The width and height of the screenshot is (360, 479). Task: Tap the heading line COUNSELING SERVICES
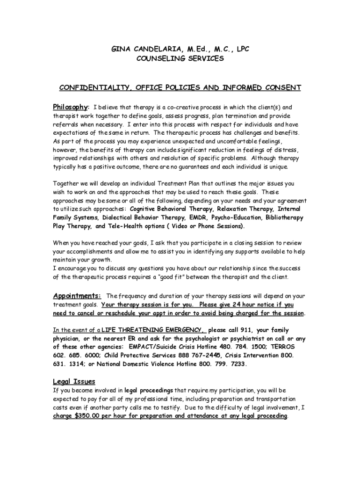click(180, 58)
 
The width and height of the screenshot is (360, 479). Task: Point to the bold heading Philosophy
click(70, 107)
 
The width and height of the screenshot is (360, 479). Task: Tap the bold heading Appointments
click(77, 296)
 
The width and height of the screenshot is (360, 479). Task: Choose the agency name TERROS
click(281, 347)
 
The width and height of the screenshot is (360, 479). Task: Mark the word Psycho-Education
click(238, 218)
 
